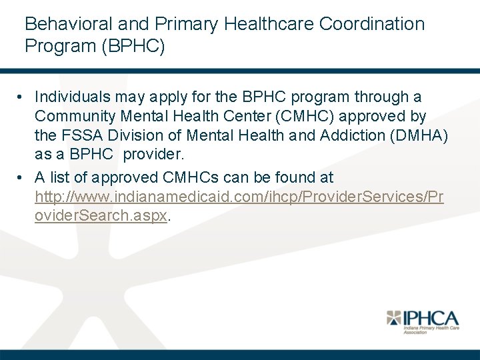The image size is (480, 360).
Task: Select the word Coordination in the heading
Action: coord(372,24)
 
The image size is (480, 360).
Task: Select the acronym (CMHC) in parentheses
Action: coord(305,117)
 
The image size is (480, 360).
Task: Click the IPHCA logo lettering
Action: coord(431,318)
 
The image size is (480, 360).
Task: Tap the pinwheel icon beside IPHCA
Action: coord(395,319)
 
